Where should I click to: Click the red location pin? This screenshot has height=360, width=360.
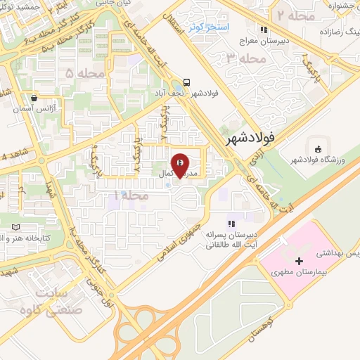pyautogui.click(x=181, y=164)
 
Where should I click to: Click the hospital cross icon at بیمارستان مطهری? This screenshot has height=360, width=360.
pyautogui.click(x=299, y=261)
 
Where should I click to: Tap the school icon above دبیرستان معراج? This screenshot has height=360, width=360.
pyautogui.click(x=264, y=30)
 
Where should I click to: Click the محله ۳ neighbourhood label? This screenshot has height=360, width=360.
pyautogui.click(x=242, y=60)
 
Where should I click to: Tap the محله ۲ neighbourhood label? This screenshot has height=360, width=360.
pyautogui.click(x=289, y=15)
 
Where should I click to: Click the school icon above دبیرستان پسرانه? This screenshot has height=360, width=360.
pyautogui.click(x=231, y=223)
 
